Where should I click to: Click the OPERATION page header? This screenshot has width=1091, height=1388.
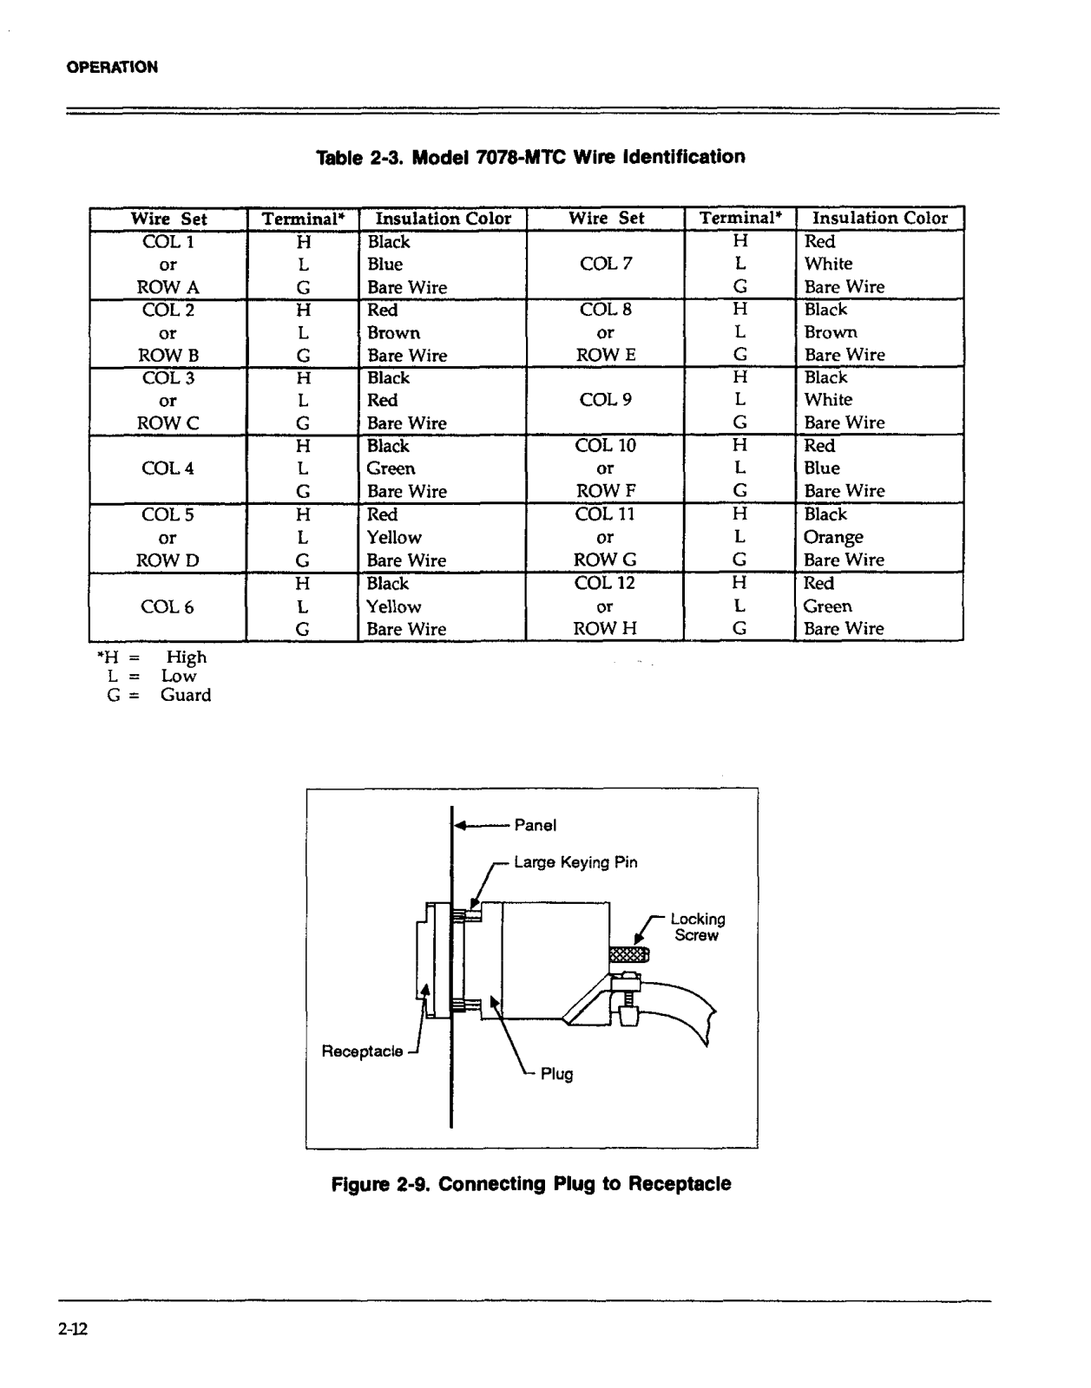[112, 67]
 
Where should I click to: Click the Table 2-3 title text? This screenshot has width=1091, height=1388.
[530, 158]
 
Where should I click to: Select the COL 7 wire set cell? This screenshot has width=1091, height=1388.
[606, 264]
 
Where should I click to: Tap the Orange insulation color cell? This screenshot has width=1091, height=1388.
[833, 537]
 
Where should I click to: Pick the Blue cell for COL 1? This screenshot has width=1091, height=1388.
[384, 265]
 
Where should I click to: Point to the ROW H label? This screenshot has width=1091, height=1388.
[605, 629]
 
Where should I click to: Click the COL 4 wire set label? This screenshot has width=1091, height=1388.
[168, 468]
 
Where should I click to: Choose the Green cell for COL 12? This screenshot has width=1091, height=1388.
[827, 606]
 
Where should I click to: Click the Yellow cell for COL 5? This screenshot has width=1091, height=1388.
[394, 538]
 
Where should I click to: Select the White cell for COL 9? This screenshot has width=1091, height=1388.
[828, 400]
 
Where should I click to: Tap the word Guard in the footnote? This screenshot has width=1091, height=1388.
[186, 695]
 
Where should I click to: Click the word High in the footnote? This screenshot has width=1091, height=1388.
[187, 658]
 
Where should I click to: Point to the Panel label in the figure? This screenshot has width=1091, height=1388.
[536, 825]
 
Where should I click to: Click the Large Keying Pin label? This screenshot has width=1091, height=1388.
[575, 862]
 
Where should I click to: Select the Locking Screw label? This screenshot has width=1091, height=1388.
[697, 926]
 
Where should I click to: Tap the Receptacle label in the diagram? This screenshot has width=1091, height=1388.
[362, 1051]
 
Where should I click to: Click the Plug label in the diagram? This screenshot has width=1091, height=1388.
[556, 1075]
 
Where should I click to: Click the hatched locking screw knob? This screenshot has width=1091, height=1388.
[628, 956]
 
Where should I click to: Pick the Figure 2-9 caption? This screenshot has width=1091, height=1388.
[531, 1184]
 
